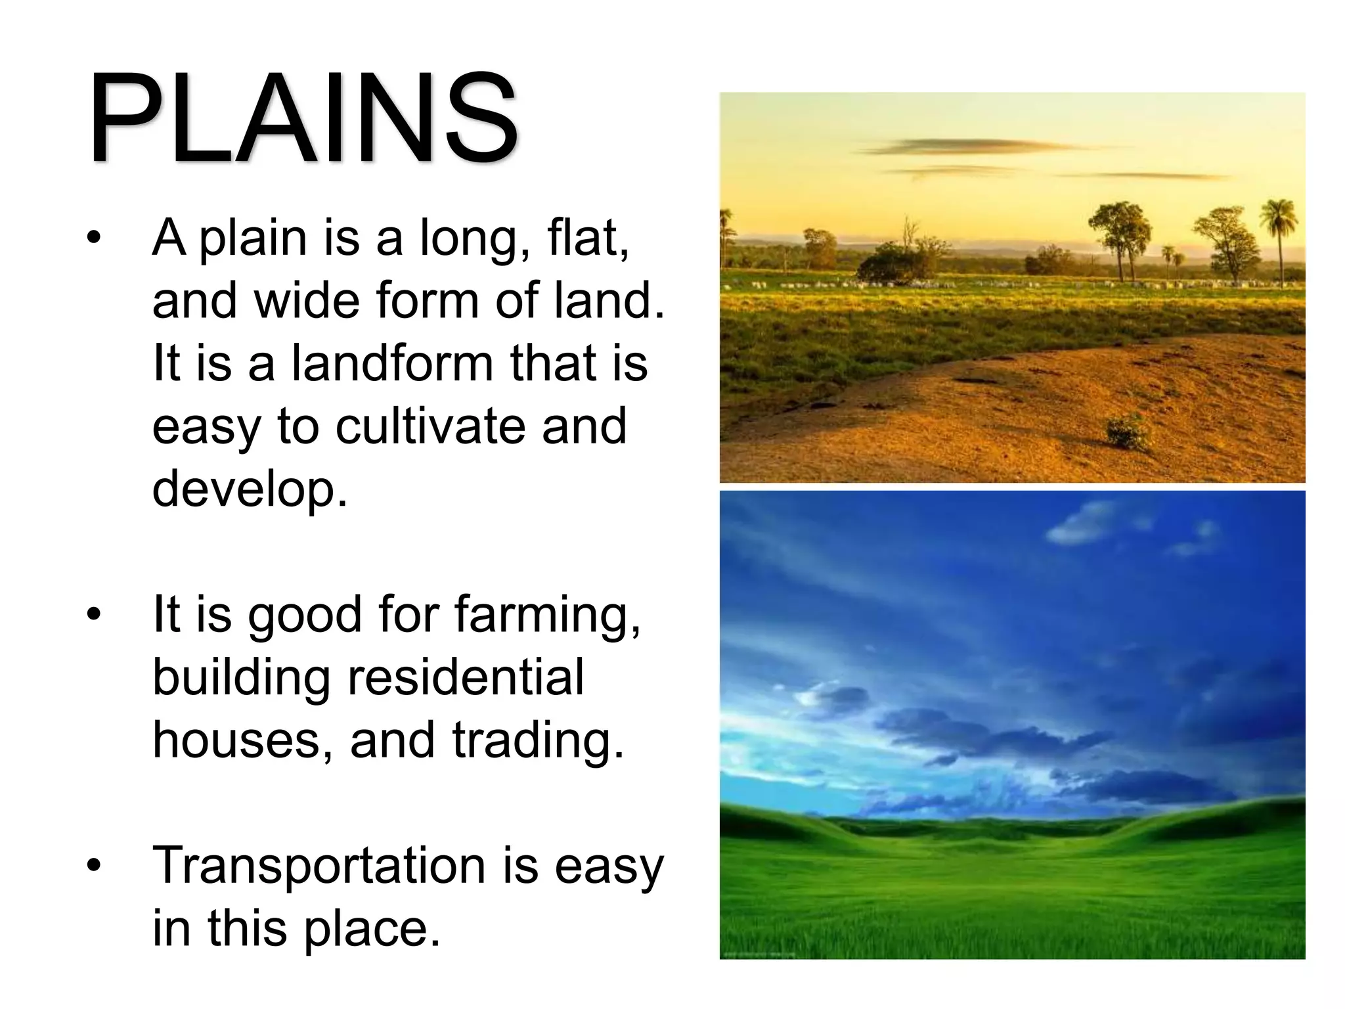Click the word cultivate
(x=430, y=426)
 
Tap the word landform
(x=391, y=363)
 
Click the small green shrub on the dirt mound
(x=1127, y=431)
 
